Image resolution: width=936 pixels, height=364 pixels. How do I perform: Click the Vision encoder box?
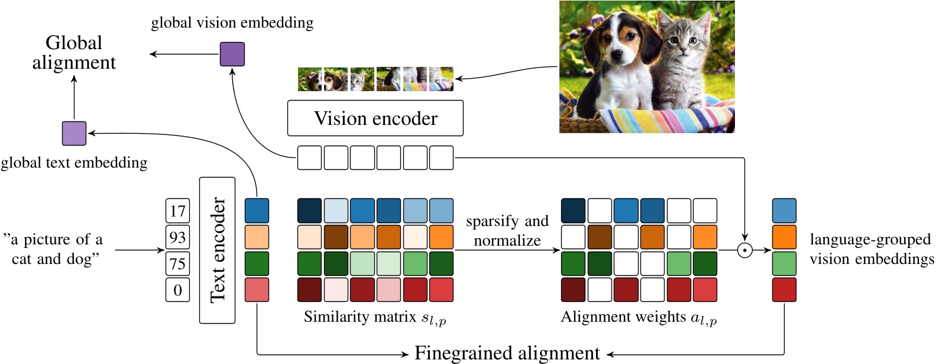375,118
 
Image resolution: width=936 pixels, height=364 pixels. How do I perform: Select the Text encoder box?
217,250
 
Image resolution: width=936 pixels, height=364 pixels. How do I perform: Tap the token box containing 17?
177,211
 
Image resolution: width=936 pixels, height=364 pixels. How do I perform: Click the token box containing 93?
177,237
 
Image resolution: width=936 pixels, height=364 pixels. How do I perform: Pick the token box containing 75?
177,264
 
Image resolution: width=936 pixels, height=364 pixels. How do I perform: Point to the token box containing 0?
177,290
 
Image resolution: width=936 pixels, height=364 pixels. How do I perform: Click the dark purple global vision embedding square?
232,54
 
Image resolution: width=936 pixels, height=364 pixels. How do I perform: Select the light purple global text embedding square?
74,133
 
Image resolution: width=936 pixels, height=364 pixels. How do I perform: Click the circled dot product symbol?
744,250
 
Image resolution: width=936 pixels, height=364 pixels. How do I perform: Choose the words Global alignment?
74,52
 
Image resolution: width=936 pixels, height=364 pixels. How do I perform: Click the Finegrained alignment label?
507,353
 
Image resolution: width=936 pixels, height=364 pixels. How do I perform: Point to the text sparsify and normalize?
507,231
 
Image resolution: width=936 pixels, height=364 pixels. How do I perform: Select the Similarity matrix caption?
375,318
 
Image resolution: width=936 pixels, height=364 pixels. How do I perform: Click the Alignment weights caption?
639,318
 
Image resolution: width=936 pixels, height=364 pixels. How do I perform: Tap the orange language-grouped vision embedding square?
784,237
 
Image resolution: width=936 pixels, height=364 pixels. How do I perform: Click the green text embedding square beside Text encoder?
257,264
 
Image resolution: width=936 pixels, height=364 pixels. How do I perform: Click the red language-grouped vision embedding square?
784,290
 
